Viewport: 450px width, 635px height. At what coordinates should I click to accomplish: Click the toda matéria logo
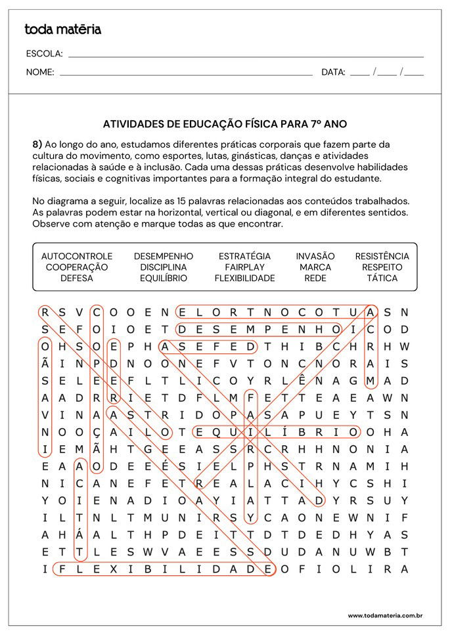tap(62, 30)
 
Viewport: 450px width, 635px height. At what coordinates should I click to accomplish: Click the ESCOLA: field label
tap(44, 54)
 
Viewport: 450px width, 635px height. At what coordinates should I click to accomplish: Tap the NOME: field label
tap(40, 72)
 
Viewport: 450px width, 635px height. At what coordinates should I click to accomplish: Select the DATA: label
tap(333, 72)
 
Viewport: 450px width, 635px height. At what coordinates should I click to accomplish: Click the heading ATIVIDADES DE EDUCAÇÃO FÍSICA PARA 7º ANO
tap(225, 123)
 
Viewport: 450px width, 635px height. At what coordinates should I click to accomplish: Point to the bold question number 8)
tap(37, 144)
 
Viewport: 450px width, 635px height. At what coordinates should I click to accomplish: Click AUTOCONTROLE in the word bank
tap(77, 256)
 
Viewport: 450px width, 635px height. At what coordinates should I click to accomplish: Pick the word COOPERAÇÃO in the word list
tap(77, 267)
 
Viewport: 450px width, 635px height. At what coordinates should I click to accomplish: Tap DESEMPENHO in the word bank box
tap(164, 256)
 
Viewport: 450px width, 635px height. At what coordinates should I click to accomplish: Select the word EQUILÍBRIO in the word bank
tap(164, 278)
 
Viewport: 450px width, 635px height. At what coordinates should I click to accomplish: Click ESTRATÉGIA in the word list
tap(244, 256)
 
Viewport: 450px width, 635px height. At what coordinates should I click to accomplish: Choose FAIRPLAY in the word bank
tap(244, 267)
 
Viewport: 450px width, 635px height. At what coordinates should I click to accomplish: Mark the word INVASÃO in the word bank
tap(315, 256)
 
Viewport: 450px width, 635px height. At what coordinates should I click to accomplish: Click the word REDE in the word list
tap(315, 278)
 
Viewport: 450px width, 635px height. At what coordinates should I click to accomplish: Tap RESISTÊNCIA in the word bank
tap(382, 256)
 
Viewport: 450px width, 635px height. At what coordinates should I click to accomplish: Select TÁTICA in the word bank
tap(382, 278)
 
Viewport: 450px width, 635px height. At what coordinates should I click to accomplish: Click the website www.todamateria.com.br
tap(384, 615)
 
